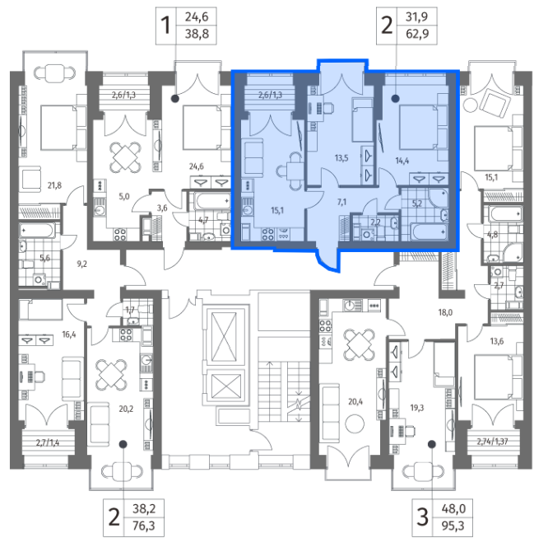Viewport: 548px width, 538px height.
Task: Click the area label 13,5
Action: pyautogui.click(x=341, y=158)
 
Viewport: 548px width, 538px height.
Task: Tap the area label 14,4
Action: pyautogui.click(x=402, y=161)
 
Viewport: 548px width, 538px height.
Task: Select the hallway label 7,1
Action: pyautogui.click(x=341, y=202)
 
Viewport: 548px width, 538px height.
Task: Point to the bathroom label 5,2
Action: pyautogui.click(x=417, y=204)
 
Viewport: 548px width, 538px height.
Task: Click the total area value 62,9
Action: pyautogui.click(x=417, y=35)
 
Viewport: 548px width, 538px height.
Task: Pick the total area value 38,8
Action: pyautogui.click(x=197, y=34)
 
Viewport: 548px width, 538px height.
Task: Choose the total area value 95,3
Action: pyautogui.click(x=453, y=526)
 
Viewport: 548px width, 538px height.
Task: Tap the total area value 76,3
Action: pyautogui.click(x=144, y=526)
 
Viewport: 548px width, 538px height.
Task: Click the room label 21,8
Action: pyautogui.click(x=54, y=185)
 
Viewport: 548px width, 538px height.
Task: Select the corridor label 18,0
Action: pyautogui.click(x=445, y=312)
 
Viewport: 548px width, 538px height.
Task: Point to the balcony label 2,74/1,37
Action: pyautogui.click(x=492, y=442)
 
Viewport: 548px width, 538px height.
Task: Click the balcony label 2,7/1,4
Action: pyautogui.click(x=48, y=443)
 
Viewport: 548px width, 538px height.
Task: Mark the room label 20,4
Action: pyautogui.click(x=355, y=402)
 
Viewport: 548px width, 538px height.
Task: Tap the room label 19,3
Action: pyautogui.click(x=417, y=408)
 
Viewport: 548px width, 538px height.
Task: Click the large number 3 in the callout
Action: pyautogui.click(x=423, y=517)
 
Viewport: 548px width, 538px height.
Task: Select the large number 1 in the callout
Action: pyautogui.click(x=165, y=26)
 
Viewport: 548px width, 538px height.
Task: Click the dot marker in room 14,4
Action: pyautogui.click(x=395, y=99)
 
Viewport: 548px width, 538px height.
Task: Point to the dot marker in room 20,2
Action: pyautogui.click(x=123, y=444)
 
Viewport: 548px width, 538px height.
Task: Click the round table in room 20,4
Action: pyautogui.click(x=355, y=423)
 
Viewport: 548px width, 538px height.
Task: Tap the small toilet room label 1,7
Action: pyautogui.click(x=130, y=310)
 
